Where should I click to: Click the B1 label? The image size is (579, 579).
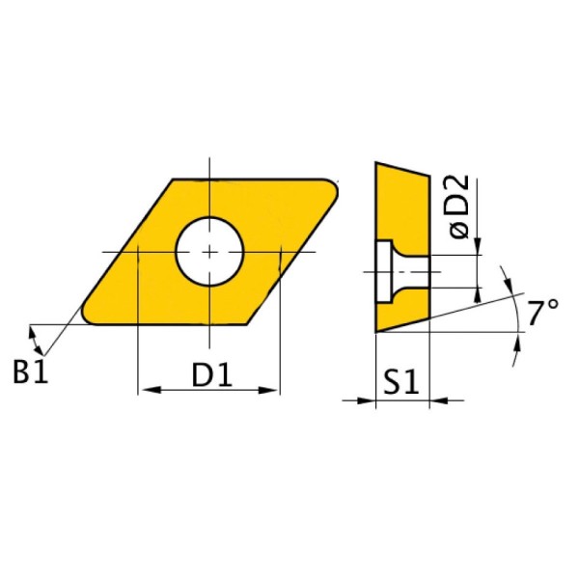coord(30,372)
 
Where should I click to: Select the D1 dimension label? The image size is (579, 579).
coord(211,374)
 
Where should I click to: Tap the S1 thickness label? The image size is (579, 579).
coord(400,381)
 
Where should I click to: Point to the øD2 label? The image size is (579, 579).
coord(459,207)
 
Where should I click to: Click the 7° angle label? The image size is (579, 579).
coord(542,313)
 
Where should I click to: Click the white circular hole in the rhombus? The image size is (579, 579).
coord(209,252)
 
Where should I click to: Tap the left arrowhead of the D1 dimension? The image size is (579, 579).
coord(152,390)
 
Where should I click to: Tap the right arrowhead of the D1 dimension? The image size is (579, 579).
coord(267,390)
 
